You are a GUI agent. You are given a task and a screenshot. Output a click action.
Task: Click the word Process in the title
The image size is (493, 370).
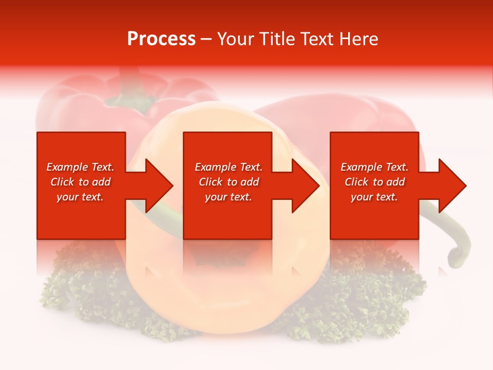(161, 39)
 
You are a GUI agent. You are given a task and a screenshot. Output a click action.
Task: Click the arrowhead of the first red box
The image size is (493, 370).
(157, 186)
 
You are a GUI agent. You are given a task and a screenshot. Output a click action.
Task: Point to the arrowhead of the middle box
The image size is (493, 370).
(304, 186)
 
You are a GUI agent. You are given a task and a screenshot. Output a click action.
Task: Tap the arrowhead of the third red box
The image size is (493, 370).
(450, 186)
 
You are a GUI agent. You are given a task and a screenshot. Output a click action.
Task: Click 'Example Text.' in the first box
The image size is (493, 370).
(80, 167)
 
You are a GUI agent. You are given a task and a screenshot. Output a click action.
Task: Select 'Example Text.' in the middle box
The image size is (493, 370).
(228, 167)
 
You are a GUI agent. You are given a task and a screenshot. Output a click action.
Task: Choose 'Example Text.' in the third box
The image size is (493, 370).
(374, 167)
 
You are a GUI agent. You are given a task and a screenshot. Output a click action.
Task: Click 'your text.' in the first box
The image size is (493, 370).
(80, 197)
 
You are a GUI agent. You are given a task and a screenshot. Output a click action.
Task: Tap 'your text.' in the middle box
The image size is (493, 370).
(228, 197)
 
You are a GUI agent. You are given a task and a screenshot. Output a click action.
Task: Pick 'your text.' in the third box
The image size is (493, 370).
(374, 197)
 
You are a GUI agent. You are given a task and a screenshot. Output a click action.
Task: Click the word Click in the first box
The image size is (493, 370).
(63, 182)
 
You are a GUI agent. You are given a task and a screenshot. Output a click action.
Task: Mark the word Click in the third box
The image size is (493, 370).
(357, 182)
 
